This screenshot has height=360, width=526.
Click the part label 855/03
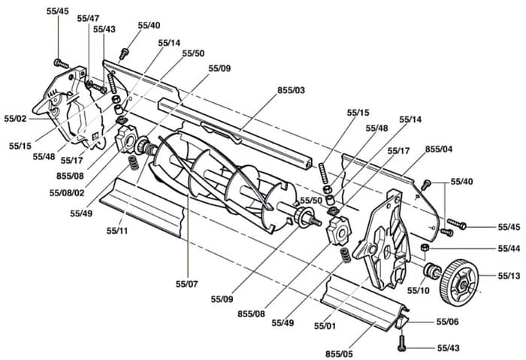pos(291,91)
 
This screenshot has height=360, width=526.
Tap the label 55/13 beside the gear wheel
pos(509,276)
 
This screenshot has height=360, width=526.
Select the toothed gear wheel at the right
pos(458,282)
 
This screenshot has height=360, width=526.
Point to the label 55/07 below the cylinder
pos(187,284)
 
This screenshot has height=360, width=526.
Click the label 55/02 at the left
pos(15,119)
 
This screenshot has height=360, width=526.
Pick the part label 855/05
pos(339,354)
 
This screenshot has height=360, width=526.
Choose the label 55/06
pos(448,322)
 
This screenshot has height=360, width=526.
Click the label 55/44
pos(509,249)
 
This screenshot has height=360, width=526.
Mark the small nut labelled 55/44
pos(425,248)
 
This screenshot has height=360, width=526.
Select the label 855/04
pos(439,149)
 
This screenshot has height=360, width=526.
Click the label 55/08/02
pos(67,193)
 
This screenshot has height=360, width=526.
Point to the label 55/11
pos(117,231)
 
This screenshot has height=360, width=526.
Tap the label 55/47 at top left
pos(88,19)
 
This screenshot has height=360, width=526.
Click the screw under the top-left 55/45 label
pos(61,63)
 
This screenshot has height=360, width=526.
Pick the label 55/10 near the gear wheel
pos(419,290)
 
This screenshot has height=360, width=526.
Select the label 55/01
pos(325,325)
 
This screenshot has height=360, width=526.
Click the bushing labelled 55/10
pos(431,271)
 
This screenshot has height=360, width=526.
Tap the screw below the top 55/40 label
pos(124,53)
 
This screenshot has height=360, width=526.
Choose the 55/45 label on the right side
pos(509,227)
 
